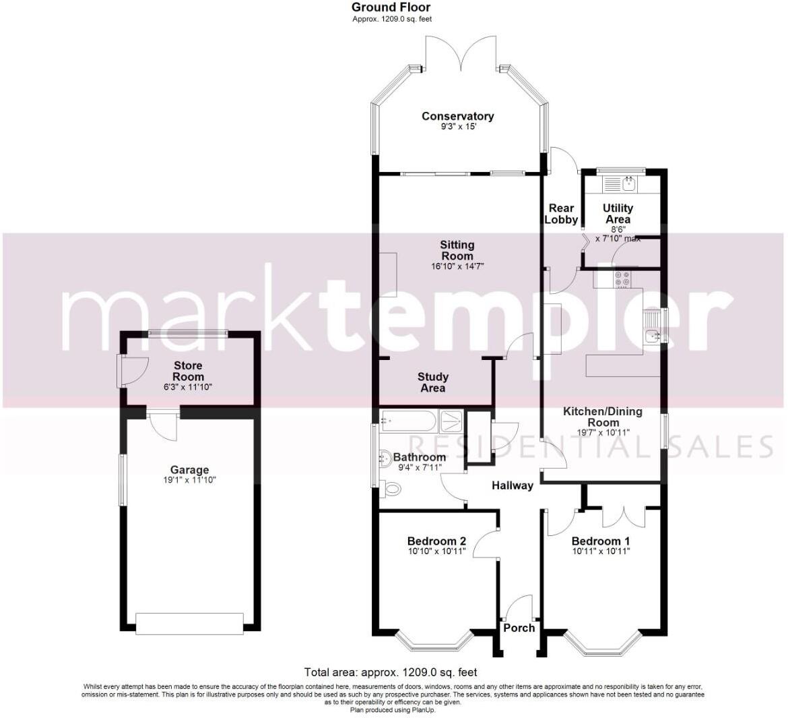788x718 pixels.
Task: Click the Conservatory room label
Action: point(457,116)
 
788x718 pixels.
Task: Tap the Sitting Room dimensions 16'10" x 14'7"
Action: point(457,266)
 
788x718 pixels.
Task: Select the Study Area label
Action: point(432,382)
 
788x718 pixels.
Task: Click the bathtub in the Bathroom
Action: point(408,421)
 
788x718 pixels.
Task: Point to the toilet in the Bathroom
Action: point(390,487)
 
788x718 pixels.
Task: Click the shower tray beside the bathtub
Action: point(451,422)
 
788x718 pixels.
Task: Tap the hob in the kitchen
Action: point(622,277)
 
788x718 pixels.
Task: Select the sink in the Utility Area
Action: point(629,182)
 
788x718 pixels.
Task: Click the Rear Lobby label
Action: point(561,214)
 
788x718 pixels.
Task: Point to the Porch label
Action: point(519,628)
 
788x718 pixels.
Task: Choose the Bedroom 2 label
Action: point(436,541)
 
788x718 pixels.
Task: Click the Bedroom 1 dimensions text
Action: point(600,551)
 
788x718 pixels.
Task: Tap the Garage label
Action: point(189,470)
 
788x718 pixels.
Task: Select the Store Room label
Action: point(187,371)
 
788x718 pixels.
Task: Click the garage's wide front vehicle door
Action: point(189,623)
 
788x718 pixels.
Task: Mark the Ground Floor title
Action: point(391,7)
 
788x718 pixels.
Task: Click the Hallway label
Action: point(512,485)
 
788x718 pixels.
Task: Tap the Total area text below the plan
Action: point(391,672)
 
